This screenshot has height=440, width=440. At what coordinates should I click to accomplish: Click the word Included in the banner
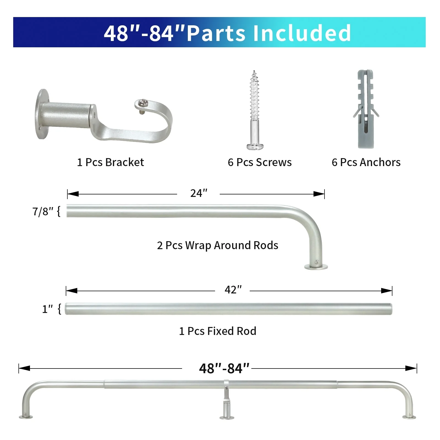tap(302, 33)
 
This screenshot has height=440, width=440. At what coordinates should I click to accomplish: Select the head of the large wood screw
tap(255, 146)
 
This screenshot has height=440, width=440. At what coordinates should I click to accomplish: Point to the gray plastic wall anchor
tap(366, 109)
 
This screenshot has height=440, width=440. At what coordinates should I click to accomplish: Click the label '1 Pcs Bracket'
tap(110, 162)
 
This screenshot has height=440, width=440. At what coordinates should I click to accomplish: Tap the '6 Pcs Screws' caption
tap(260, 162)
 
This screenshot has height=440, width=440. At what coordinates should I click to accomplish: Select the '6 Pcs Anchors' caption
tap(366, 162)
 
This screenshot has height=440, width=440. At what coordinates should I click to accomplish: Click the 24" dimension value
tap(199, 193)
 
